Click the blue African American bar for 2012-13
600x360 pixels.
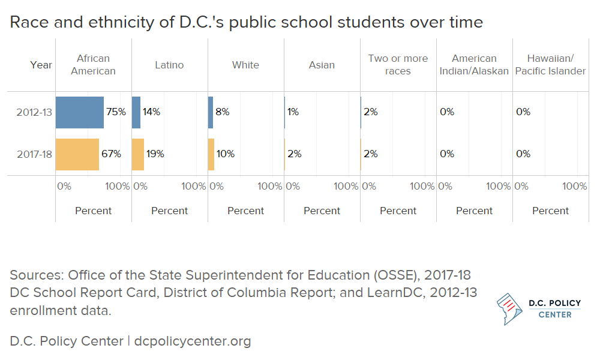point(79,112)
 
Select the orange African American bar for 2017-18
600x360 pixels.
point(77,154)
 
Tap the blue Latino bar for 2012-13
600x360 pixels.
point(136,112)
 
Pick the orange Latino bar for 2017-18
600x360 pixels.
point(138,154)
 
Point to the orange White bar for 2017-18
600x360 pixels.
point(211,154)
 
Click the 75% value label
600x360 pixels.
point(116,112)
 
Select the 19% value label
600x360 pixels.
point(155,154)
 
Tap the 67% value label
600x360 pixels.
point(112,154)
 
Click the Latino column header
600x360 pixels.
point(169,65)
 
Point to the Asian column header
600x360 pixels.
point(322,65)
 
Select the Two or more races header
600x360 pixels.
point(398,65)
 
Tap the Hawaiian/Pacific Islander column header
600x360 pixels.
point(550,65)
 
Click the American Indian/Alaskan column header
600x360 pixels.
point(474,65)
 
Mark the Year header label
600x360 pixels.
point(41,65)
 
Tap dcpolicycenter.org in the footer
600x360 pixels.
point(192,341)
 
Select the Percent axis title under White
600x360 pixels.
point(245,211)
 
